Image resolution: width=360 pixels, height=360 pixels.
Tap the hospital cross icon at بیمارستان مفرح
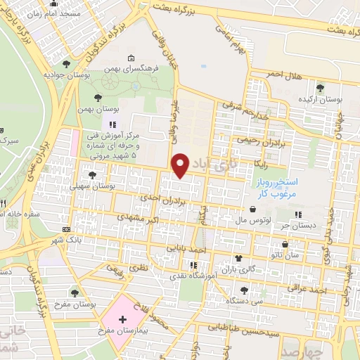[122, 319]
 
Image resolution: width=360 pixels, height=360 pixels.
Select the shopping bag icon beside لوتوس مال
[252, 209]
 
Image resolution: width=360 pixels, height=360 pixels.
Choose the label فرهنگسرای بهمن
[145, 69]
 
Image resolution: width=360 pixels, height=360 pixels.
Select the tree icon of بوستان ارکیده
[320, 88]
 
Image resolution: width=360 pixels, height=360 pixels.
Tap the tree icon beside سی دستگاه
[243, 290]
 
